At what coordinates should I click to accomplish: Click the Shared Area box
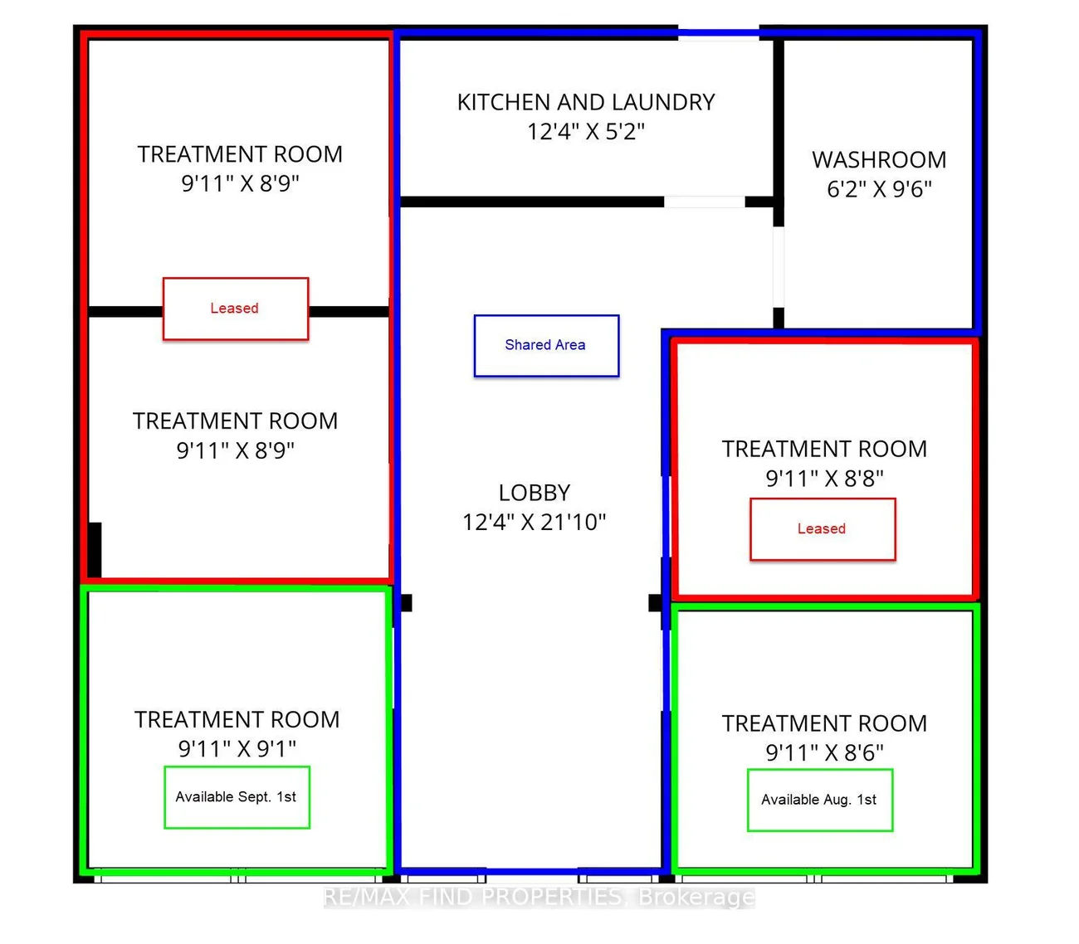(546, 346)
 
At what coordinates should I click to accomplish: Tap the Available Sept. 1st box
(237, 797)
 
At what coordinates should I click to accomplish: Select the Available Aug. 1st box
(820, 800)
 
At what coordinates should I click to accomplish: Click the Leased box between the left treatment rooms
(236, 309)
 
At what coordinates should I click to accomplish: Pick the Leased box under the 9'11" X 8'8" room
(823, 528)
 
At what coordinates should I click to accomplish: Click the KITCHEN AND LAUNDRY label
(586, 102)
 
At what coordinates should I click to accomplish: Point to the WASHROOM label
(879, 160)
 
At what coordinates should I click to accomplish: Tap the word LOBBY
(535, 493)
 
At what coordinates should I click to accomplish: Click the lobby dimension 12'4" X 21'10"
(535, 522)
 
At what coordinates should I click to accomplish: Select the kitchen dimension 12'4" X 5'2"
(586, 131)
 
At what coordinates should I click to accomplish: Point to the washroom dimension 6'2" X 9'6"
(879, 188)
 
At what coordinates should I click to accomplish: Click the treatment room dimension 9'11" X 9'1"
(237, 748)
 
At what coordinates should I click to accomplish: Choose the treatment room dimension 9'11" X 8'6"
(824, 752)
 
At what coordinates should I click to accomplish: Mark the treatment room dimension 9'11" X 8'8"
(824, 478)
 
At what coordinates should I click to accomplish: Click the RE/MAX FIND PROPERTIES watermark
(539, 897)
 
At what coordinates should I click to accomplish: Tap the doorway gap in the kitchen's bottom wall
(704, 202)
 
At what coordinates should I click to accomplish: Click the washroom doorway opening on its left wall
(779, 267)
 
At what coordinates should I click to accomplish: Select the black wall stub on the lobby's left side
(406, 602)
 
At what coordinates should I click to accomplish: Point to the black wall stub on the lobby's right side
(655, 602)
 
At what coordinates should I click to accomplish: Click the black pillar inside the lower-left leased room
(95, 549)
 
